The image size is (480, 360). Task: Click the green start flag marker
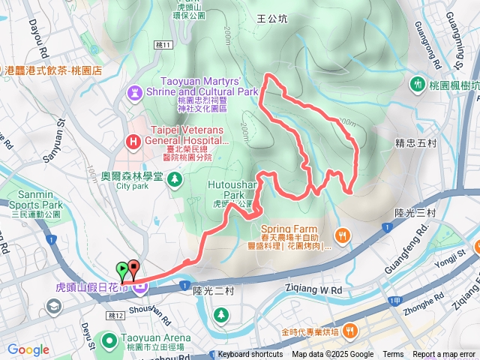click(121, 268)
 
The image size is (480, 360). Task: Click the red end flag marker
click(133, 267)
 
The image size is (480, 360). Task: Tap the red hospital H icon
click(133, 140)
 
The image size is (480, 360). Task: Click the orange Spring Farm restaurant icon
click(342, 236)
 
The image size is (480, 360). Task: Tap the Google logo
click(28, 350)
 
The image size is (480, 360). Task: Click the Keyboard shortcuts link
click(251, 355)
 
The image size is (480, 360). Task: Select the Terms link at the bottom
click(393, 355)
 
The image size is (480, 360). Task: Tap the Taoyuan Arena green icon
click(109, 340)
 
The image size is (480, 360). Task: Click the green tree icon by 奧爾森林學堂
click(175, 179)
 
